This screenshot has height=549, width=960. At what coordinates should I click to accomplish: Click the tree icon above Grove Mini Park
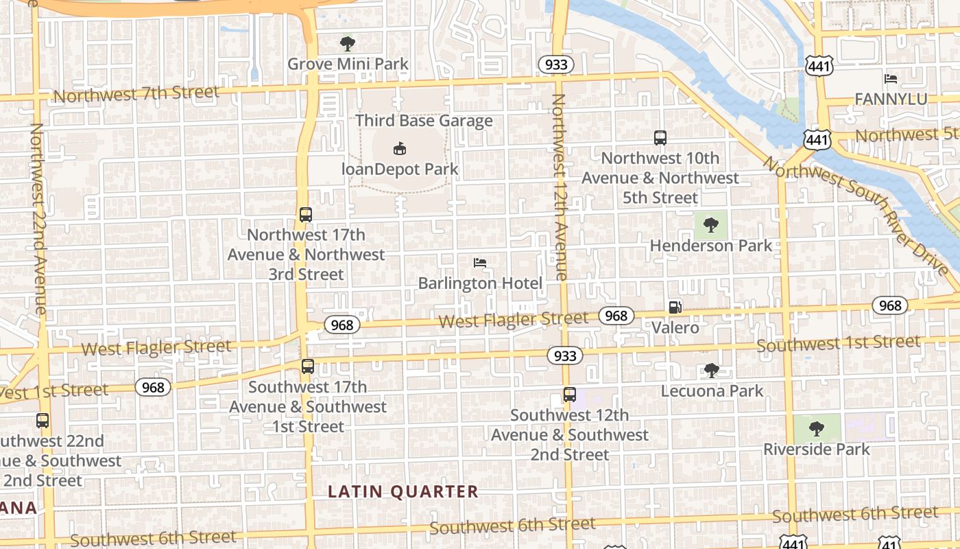point(348,45)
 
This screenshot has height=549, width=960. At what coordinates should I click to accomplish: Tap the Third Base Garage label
point(424,121)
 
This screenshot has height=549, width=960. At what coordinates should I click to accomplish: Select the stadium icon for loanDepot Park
point(400,148)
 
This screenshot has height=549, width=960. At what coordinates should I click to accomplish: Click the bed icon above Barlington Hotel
point(480,263)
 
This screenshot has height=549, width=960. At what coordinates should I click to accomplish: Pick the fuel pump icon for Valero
point(675,307)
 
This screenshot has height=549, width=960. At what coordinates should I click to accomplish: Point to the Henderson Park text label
point(710,246)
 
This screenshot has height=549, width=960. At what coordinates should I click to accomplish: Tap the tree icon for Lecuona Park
point(712,371)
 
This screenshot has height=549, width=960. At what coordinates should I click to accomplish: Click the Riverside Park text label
point(816,449)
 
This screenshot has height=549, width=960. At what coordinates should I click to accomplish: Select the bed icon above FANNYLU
point(891,79)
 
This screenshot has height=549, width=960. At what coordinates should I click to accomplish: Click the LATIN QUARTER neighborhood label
point(403,491)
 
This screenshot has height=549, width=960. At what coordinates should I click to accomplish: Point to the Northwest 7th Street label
point(136,93)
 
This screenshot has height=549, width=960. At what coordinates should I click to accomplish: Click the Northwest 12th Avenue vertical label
point(560,187)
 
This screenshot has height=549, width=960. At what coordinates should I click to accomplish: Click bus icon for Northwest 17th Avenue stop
point(306,215)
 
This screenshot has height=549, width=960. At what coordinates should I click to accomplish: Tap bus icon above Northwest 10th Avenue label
point(660,138)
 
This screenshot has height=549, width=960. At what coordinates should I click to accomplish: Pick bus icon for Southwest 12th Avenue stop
point(569,395)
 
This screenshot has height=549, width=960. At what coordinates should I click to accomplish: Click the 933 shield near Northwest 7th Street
point(555,65)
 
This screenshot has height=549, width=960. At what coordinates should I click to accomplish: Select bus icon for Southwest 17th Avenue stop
point(307,366)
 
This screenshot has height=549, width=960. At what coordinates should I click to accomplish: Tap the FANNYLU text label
point(891,100)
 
